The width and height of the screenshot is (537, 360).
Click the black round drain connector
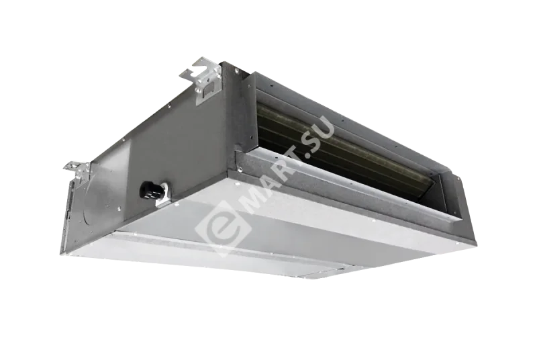pyautogui.click(x=149, y=189)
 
